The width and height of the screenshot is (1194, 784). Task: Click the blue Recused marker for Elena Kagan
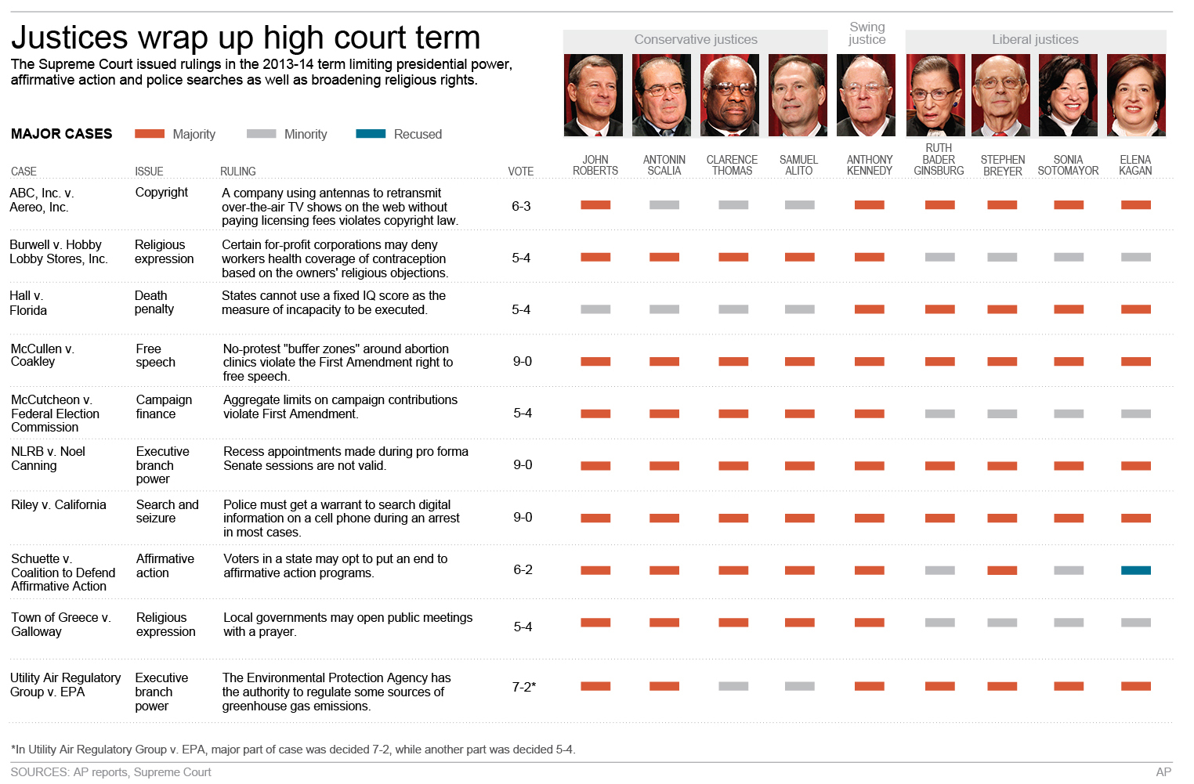[x=1135, y=570]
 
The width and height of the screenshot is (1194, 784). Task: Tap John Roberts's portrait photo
[x=593, y=95]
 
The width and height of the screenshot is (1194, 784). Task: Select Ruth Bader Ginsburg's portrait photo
[x=935, y=95]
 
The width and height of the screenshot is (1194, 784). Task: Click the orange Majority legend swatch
[x=150, y=134]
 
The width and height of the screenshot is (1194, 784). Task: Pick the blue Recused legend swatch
[x=371, y=134]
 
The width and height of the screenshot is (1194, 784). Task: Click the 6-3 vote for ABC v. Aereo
[x=521, y=206]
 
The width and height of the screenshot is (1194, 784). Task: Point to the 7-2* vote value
[x=524, y=687]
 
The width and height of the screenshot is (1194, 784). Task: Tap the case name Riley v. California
[x=59, y=505]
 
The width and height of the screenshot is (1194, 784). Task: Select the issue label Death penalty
[x=154, y=302]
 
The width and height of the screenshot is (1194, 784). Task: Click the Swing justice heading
[x=867, y=33]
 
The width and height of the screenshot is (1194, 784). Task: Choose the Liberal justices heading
[x=1035, y=39]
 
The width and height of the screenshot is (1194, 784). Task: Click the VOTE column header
[x=520, y=172]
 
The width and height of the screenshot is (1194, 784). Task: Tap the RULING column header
[x=237, y=172]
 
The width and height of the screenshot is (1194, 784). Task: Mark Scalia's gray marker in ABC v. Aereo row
[x=664, y=205]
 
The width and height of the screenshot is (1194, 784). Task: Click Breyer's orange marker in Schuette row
[x=1002, y=570]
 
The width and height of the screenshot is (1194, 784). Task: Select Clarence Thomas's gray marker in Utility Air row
[x=733, y=686]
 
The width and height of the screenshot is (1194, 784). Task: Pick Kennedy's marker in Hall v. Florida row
[x=869, y=309]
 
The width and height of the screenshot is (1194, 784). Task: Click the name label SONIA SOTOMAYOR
[x=1068, y=165]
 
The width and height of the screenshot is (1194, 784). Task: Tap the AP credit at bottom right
[x=1163, y=772]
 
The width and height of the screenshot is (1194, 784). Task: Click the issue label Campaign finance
[x=164, y=406]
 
